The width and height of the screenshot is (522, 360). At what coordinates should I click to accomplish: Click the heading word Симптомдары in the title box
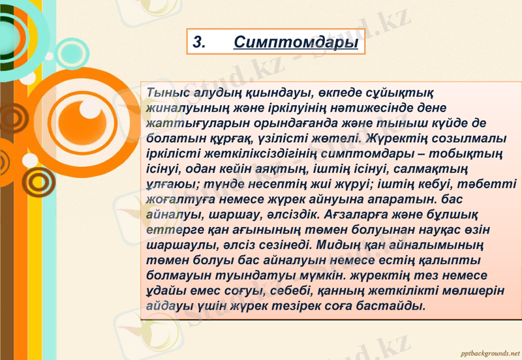tap(296, 43)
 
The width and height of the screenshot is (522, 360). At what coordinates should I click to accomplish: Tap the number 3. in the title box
tap(200, 43)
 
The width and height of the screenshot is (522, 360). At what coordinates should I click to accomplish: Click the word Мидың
tap(333, 246)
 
